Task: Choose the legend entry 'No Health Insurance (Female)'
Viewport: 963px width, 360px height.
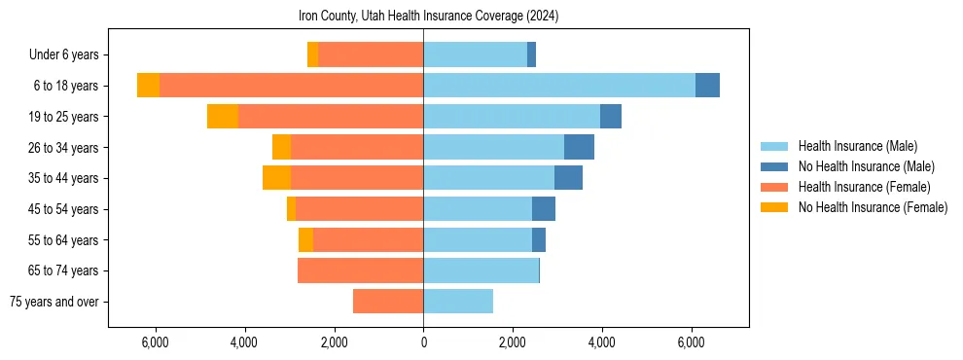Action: coord(873,207)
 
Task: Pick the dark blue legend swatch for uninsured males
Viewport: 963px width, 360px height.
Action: coord(774,166)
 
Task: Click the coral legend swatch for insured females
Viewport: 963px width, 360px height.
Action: coord(774,187)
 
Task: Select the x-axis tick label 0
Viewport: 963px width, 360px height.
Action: coord(423,342)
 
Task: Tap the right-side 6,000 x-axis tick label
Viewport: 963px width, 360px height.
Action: coord(692,342)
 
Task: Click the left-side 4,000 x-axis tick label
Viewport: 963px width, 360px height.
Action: coord(244,342)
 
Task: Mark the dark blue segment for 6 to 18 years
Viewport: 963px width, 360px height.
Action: coord(707,86)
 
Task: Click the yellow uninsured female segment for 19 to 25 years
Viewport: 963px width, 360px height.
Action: coord(223,117)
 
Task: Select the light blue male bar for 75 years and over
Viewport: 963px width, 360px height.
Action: coord(458,302)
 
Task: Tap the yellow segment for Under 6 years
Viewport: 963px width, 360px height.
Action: coord(312,55)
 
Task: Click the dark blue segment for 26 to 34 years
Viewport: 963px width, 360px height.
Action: coord(579,147)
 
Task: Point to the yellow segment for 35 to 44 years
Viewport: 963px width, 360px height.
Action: coord(276,178)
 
